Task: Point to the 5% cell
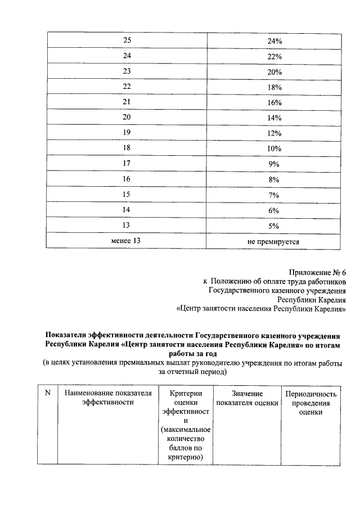pyautogui.click(x=274, y=226)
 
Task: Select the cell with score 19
pyautogui.click(x=126, y=133)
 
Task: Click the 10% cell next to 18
pyautogui.click(x=274, y=148)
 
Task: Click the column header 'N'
pyautogui.click(x=47, y=393)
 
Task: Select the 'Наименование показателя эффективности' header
pyautogui.click(x=107, y=398)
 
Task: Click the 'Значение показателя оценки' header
pyautogui.click(x=247, y=398)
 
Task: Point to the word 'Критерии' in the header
pyautogui.click(x=185, y=393)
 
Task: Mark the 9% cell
pyautogui.click(x=274, y=164)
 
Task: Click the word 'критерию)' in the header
pyautogui.click(x=185, y=458)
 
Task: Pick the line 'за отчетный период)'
pyautogui.click(x=193, y=372)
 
